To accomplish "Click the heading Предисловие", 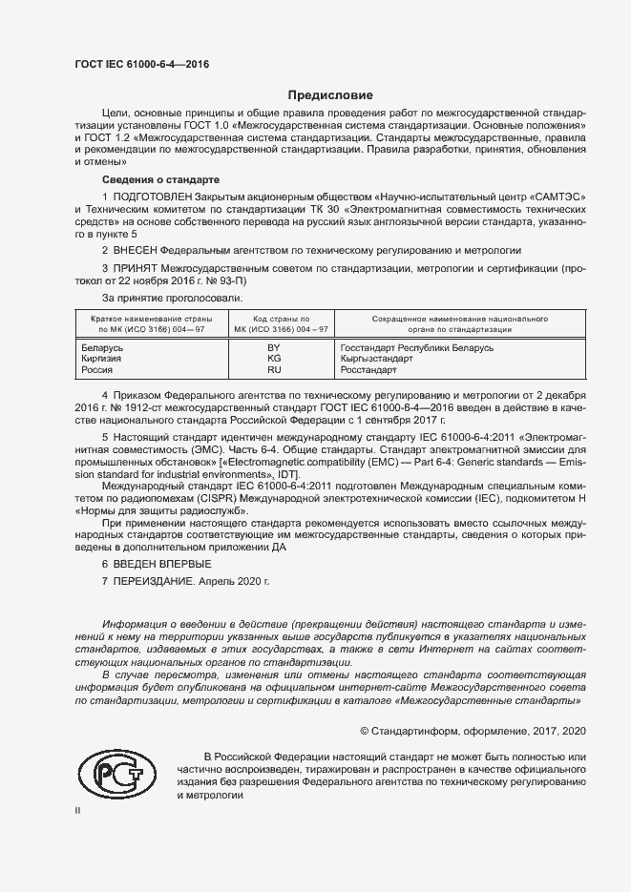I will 330,95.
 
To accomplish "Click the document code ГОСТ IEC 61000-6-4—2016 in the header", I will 141,64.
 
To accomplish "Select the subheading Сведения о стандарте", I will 160,179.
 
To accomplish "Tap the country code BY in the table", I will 275,348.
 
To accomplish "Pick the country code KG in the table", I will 275,359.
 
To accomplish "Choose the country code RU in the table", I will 275,369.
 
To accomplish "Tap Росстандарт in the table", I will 368,369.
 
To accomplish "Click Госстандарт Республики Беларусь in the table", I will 416,348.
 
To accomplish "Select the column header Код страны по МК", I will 275,323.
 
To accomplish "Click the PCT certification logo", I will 119,771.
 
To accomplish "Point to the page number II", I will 78,809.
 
